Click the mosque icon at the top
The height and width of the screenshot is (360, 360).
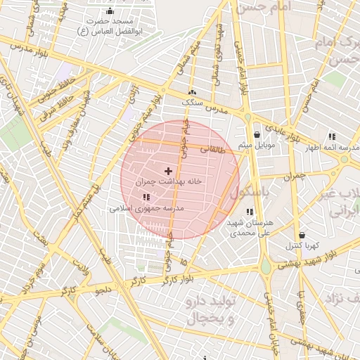point(109,12)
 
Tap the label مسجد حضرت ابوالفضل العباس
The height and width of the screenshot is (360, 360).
point(109,27)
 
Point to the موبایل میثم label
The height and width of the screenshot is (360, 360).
point(256,145)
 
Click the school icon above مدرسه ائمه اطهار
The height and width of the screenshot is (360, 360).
point(331,137)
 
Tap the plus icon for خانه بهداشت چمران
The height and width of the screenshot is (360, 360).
point(168,171)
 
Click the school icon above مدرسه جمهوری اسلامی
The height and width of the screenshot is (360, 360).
point(146,198)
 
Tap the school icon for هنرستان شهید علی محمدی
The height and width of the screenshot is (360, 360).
point(249,212)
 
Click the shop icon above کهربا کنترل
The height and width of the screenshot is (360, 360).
point(302,236)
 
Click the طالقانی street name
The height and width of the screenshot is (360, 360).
point(214,149)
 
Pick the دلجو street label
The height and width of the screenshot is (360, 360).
point(103,289)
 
